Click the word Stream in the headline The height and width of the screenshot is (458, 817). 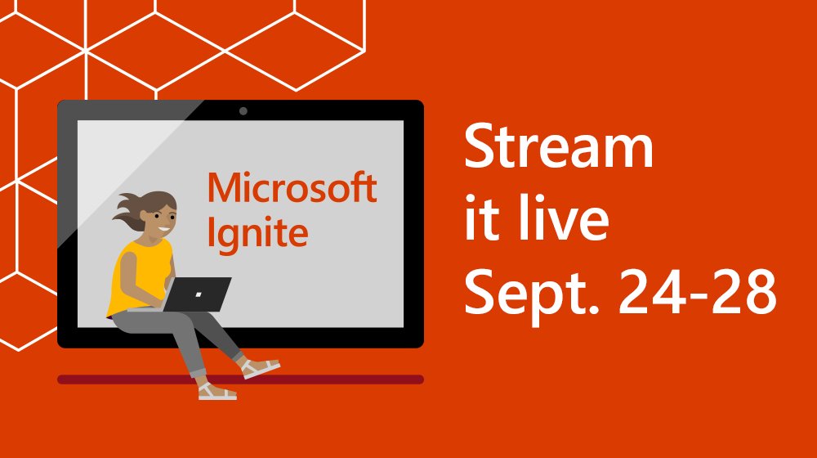(x=559, y=149)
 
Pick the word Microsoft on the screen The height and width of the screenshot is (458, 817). (x=292, y=188)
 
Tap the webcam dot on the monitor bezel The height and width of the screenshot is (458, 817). (x=243, y=110)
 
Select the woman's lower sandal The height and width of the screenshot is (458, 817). (x=217, y=393)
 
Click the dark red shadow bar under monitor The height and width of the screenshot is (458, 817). (x=343, y=379)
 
